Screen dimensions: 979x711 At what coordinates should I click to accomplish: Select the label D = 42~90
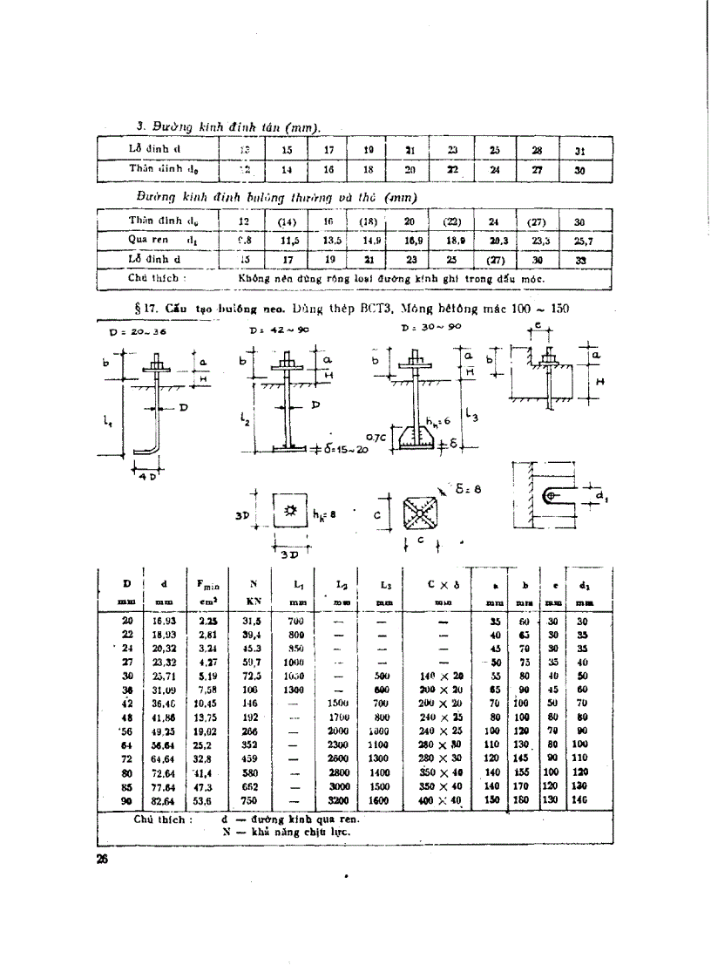(x=273, y=331)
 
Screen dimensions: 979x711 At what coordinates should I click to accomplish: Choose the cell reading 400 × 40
(x=440, y=800)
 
